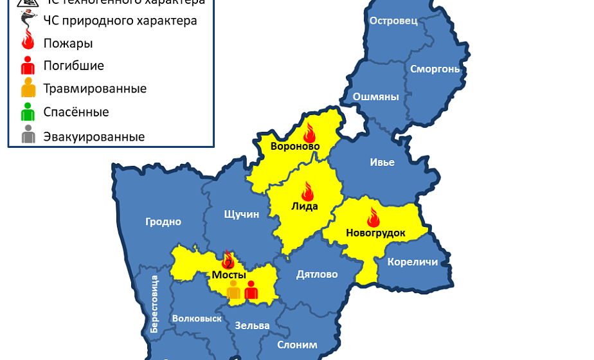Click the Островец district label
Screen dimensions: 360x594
[393, 21]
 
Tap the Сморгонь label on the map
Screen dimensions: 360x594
[435, 69]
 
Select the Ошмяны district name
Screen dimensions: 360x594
[375, 97]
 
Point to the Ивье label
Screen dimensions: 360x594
[382, 162]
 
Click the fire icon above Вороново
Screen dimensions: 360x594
[310, 132]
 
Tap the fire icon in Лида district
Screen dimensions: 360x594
[307, 191]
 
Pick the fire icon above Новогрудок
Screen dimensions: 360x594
[373, 217]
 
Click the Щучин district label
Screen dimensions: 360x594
[242, 214]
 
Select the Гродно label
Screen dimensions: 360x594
[163, 222]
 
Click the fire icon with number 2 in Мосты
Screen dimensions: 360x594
[228, 260]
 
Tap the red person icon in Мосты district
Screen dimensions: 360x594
[251, 290]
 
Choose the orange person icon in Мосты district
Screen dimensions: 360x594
[233, 290]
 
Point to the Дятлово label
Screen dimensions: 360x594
[317, 274]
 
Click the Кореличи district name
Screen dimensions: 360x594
[413, 262]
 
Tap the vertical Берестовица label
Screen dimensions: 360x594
[154, 303]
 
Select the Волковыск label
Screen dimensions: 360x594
[197, 318]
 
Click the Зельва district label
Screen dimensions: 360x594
[252, 325]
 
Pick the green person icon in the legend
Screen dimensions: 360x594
[28, 112]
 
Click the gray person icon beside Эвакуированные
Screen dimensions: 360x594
[28, 136]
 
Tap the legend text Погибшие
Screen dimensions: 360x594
[73, 66]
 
